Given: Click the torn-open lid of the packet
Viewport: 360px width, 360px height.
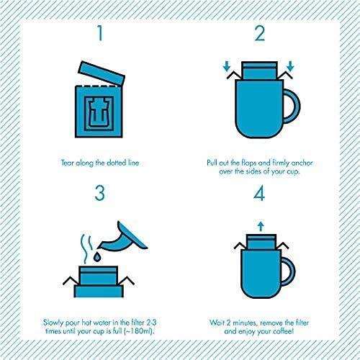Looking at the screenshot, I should tap(101, 73).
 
